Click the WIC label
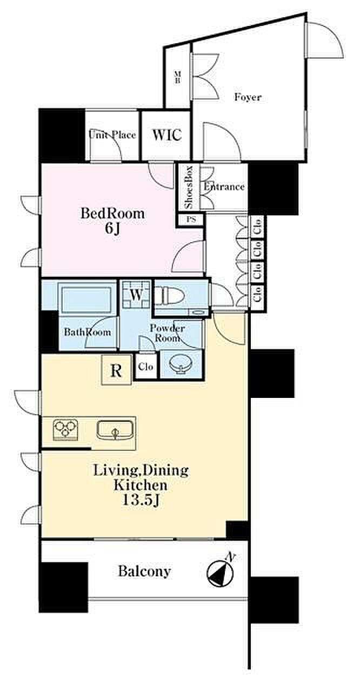(x=166, y=135)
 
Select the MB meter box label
(x=177, y=77)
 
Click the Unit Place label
(x=112, y=135)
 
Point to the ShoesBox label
(x=189, y=187)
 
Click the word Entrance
(x=224, y=187)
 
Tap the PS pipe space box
(x=191, y=219)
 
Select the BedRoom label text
(x=112, y=214)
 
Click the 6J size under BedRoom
(x=112, y=229)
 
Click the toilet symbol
(x=170, y=297)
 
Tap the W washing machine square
(x=136, y=295)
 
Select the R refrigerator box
(x=116, y=371)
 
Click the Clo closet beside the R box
(x=146, y=367)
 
